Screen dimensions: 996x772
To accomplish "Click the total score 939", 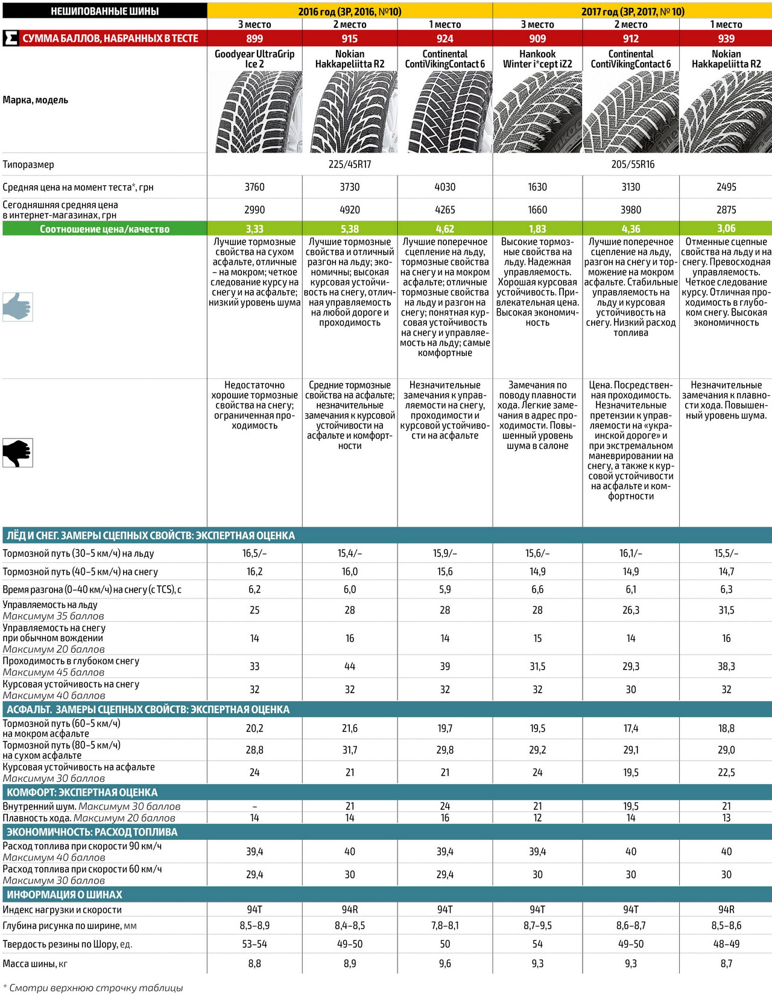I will click(x=726, y=39).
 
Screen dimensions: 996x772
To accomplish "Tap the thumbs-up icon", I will click(x=17, y=306).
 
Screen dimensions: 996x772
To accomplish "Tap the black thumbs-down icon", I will click(x=17, y=452).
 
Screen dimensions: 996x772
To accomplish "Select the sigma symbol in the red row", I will click(x=10, y=39).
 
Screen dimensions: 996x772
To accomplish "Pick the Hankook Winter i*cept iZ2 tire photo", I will click(x=537, y=112).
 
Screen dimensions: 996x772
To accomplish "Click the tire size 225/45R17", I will click(x=350, y=165).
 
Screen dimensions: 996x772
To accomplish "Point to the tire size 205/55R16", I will click(x=632, y=165).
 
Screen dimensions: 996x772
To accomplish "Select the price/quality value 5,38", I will click(x=350, y=229).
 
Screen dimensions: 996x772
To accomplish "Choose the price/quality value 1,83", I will click(x=537, y=229).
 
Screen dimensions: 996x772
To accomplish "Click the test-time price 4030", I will click(x=445, y=187).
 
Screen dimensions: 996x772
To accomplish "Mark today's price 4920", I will click(x=350, y=210).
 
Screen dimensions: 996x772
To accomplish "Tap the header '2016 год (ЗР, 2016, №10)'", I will click(x=350, y=11).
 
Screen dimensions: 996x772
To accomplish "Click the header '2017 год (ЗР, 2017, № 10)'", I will click(x=632, y=11).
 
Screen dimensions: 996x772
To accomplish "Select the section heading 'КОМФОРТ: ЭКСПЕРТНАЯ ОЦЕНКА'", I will click(x=82, y=793).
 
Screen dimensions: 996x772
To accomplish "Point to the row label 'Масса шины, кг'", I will click(x=35, y=964).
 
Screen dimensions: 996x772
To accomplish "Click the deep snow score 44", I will click(x=350, y=667).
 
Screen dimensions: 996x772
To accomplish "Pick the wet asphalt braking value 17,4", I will click(x=631, y=729).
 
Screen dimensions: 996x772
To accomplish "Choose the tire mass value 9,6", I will click(x=445, y=964).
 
